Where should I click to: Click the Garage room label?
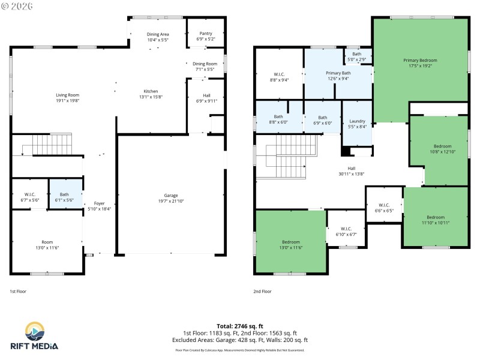tap(171, 196)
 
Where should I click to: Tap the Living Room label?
tap(67, 95)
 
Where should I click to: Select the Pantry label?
tap(205, 33)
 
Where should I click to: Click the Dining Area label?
tap(157, 34)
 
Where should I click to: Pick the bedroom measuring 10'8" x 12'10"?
tap(443, 149)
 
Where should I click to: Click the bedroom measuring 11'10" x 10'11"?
tap(436, 220)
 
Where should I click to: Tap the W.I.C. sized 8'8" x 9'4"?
tap(278, 76)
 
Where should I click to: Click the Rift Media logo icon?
tap(34, 331)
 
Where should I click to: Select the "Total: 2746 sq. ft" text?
tap(240, 326)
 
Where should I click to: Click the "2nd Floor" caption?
tap(262, 291)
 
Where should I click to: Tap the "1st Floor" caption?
tap(19, 291)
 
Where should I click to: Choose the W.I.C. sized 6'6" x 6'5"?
tap(383, 208)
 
